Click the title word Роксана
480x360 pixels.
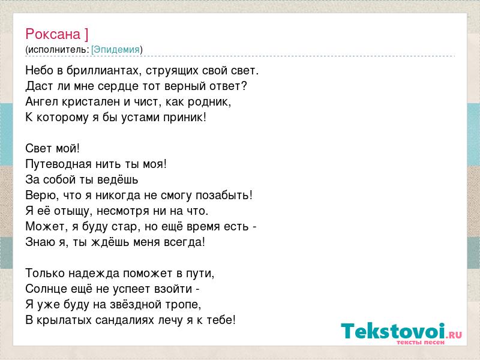(53, 34)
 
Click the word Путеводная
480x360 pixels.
(58, 164)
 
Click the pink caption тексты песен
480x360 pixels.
(421, 342)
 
